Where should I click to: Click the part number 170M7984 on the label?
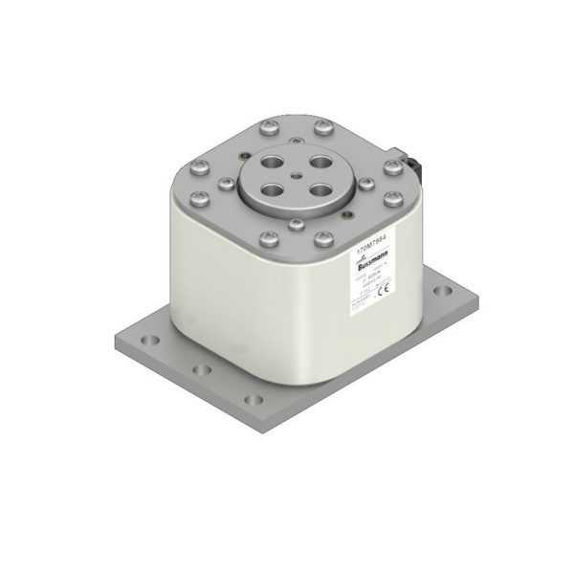[x=372, y=246]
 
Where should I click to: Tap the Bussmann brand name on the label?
[x=377, y=268]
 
